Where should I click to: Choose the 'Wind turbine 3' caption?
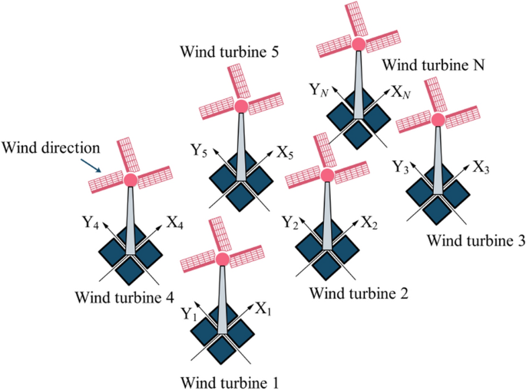pos(475,240)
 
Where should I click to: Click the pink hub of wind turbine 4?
pos(130,180)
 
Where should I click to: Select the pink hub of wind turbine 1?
pos(223,259)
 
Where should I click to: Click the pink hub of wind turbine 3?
pos(438,119)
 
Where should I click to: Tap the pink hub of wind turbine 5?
pos(241,106)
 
